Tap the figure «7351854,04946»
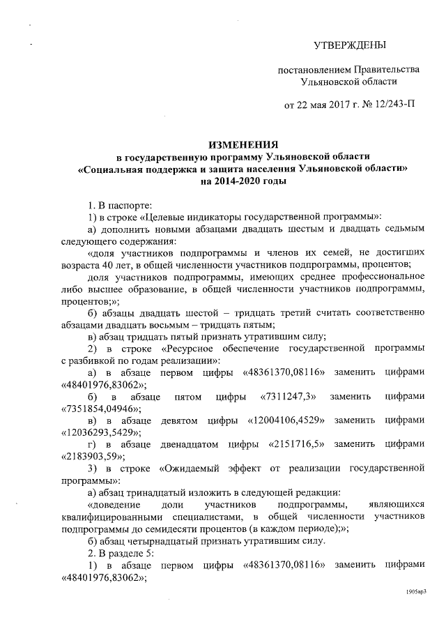[x=100, y=409]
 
